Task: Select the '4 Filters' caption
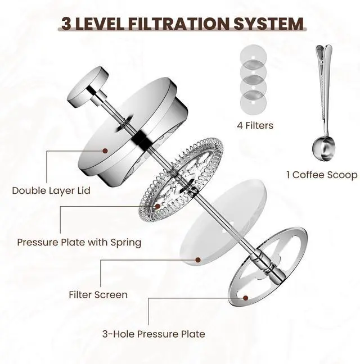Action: pyautogui.click(x=255, y=125)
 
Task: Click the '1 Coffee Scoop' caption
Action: pyautogui.click(x=321, y=175)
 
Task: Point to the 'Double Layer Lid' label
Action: pyautogui.click(x=51, y=190)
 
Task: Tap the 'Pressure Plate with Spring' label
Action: pyautogui.click(x=79, y=243)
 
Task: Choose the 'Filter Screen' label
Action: pyautogui.click(x=98, y=294)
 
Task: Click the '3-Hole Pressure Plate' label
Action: pyautogui.click(x=154, y=334)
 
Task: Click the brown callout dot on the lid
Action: pyautogui.click(x=105, y=151)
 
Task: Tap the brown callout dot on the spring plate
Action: pyautogui.click(x=157, y=206)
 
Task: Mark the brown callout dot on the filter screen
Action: pyautogui.click(x=197, y=260)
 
